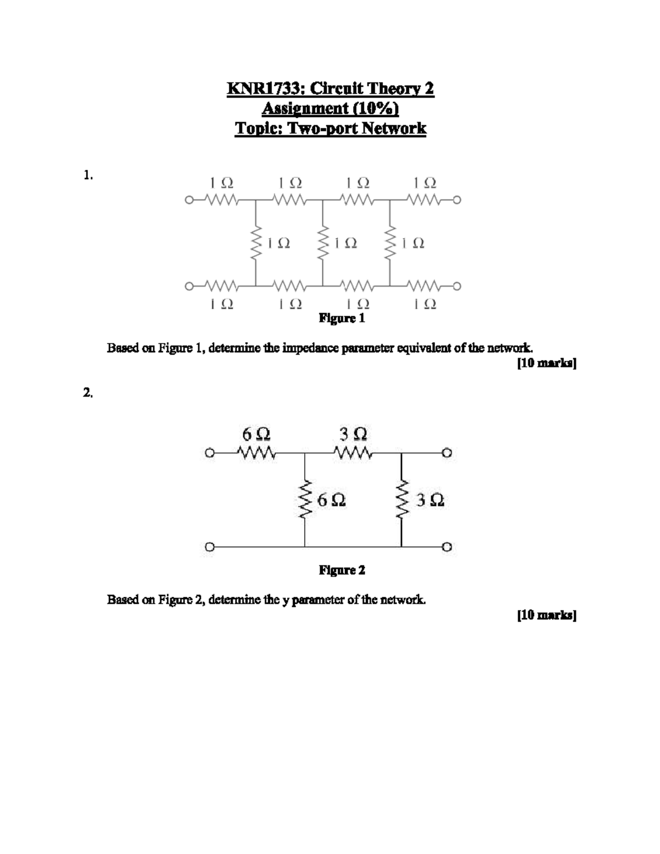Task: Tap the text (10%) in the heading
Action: point(375,108)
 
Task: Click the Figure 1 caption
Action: point(342,318)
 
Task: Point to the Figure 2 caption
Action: point(342,570)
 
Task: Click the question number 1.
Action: point(88,175)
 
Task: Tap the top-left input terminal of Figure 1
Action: point(189,200)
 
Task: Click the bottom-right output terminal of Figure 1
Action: point(457,286)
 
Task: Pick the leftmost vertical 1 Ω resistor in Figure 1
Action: point(256,243)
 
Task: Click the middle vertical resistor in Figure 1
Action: point(323,243)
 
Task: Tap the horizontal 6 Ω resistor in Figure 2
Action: point(256,454)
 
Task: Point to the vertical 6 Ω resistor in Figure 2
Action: point(305,499)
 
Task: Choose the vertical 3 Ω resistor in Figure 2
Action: point(402,499)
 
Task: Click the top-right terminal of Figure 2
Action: point(447,454)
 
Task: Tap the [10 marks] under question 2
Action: point(546,615)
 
